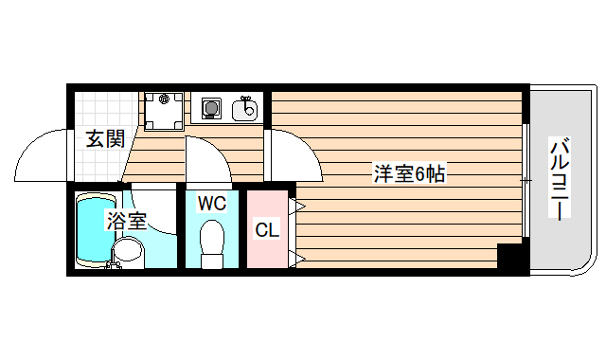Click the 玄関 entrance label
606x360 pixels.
pyautogui.click(x=105, y=139)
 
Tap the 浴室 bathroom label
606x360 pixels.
pyautogui.click(x=126, y=222)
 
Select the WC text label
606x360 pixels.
pyautogui.click(x=211, y=203)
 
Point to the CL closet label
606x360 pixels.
pyautogui.click(x=265, y=230)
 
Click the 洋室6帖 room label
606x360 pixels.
pyautogui.click(x=409, y=174)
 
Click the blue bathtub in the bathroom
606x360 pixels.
pyautogui.click(x=94, y=227)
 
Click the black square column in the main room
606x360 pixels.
pyautogui.click(x=510, y=257)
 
